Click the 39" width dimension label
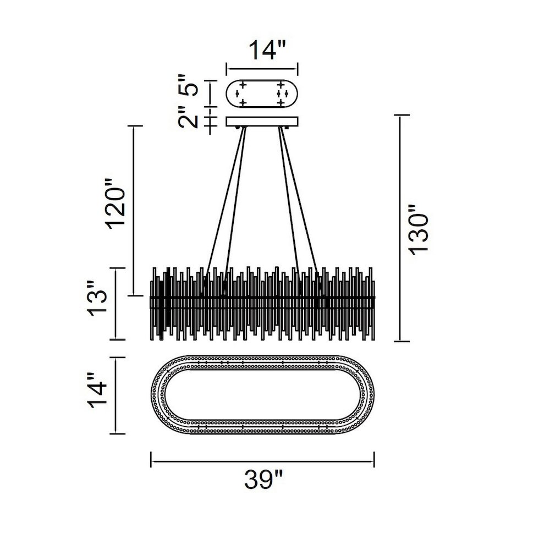click(263, 479)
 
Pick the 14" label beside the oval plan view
click(97, 390)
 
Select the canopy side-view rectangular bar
click(262, 122)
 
